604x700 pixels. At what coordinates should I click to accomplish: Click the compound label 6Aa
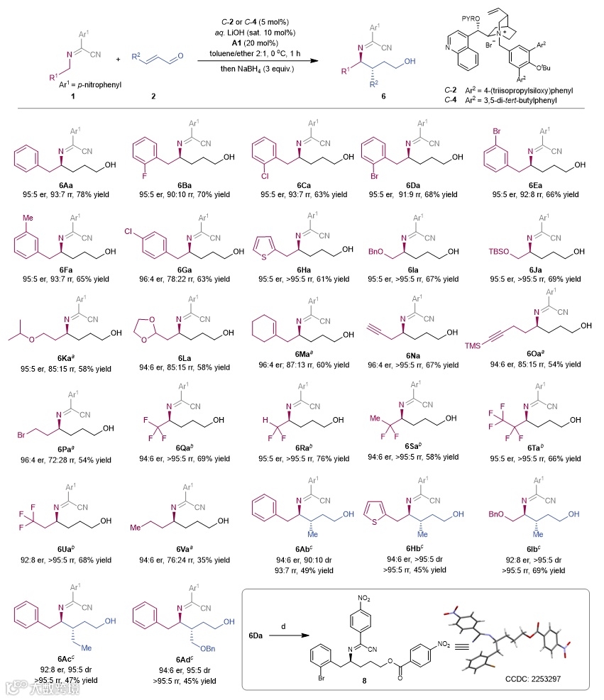click(64, 184)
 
